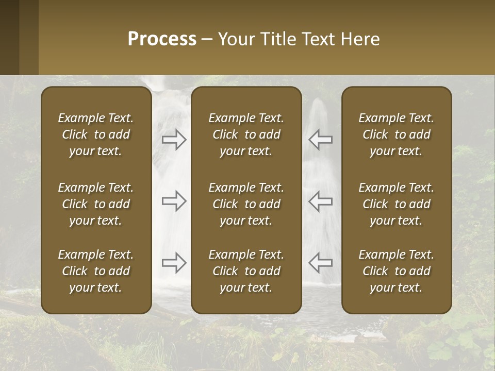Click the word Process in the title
pos(162,39)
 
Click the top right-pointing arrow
pos(174,140)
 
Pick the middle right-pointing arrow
pos(174,201)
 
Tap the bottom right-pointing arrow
pos(174,263)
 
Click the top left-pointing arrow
pos(321,140)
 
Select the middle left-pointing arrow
pos(321,201)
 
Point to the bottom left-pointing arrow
pos(321,263)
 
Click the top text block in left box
pos(96,134)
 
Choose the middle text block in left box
pos(96,204)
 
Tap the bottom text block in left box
pos(96,271)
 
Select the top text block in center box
pos(246,134)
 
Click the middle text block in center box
pos(246,204)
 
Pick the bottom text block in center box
pos(246,271)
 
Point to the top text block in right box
pos(396,134)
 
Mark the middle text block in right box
pos(396,204)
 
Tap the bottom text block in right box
pos(396,271)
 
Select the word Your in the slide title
pos(234,39)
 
